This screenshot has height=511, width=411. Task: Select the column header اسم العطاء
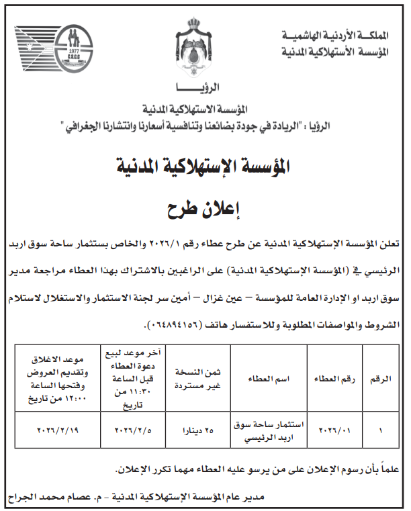[x=271, y=379]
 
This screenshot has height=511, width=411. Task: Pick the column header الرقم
[x=380, y=379]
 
